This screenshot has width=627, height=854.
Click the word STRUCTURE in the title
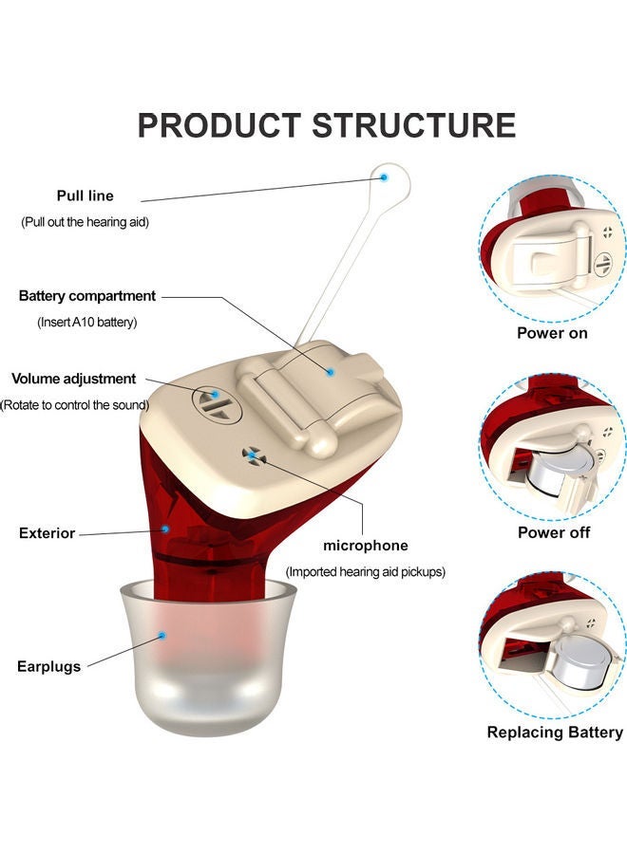(x=414, y=125)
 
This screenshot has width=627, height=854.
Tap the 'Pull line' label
(x=85, y=195)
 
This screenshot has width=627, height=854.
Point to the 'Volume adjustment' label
(x=74, y=379)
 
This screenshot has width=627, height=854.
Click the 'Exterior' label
(x=47, y=533)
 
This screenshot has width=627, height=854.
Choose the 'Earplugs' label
(x=48, y=666)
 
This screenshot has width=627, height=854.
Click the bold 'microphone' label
(x=366, y=546)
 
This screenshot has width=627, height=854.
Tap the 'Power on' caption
(x=552, y=333)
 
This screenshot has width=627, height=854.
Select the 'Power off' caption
(x=554, y=532)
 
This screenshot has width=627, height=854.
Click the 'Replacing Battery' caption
(x=555, y=732)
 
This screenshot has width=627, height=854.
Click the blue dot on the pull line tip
(x=385, y=176)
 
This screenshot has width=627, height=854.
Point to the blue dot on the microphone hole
(x=252, y=455)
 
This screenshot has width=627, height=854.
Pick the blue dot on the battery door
(x=330, y=372)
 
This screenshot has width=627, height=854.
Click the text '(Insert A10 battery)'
(x=88, y=322)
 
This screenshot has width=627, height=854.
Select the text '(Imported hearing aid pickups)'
(x=366, y=572)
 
